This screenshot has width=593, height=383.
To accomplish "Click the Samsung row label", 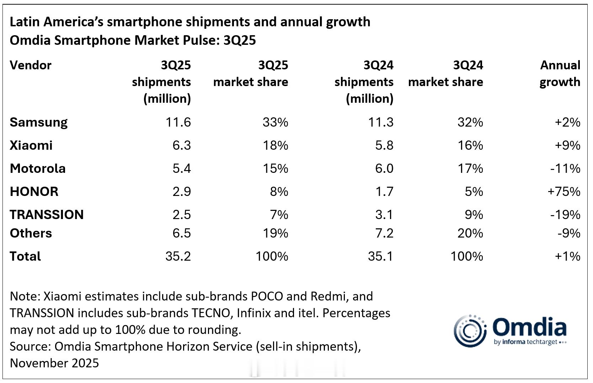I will click(38, 122).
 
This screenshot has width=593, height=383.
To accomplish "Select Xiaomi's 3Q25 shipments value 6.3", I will click(182, 145).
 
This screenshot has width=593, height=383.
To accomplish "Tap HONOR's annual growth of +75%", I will click(564, 192).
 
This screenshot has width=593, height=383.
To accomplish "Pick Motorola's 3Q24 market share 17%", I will click(470, 169).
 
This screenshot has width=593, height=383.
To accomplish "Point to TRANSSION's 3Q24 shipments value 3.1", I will click(384, 215).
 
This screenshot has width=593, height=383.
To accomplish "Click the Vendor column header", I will click(31, 65).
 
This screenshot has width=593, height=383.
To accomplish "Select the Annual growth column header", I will click(560, 74).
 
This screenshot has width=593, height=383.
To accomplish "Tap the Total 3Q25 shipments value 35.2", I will click(178, 256).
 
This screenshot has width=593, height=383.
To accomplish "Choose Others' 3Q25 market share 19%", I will click(275, 233).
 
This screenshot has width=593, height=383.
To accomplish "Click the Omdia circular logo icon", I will click(470, 330).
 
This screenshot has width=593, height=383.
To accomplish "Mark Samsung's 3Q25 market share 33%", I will click(275, 122).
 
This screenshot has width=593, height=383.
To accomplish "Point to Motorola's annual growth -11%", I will click(565, 169).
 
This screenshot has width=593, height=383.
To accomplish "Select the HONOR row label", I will click(34, 192).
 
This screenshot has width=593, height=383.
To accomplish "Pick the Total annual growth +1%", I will click(567, 256).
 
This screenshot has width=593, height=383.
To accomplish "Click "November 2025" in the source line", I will click(54, 363).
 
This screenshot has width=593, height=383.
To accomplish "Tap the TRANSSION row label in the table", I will click(47, 215).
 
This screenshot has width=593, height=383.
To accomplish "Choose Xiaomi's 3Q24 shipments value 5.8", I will click(384, 145).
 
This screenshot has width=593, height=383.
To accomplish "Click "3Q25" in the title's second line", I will click(239, 41).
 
